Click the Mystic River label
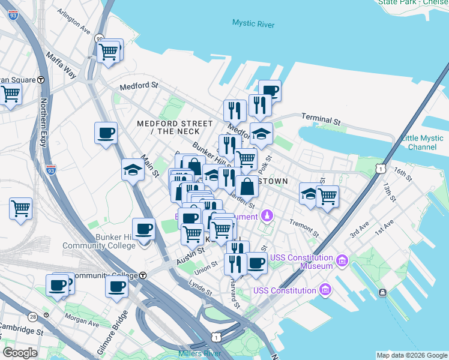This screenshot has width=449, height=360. pyautogui.click(x=253, y=24)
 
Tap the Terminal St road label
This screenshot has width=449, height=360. pyautogui.click(x=321, y=119)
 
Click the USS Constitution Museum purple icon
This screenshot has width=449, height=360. pyautogui.click(x=342, y=260)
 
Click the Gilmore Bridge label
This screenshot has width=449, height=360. pyautogui.click(x=112, y=334)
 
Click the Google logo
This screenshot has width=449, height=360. pyautogui.click(x=20, y=353)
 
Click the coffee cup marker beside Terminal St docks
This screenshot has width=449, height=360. pyautogui.click(x=270, y=91)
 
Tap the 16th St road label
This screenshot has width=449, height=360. pyautogui.click(x=403, y=176)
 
